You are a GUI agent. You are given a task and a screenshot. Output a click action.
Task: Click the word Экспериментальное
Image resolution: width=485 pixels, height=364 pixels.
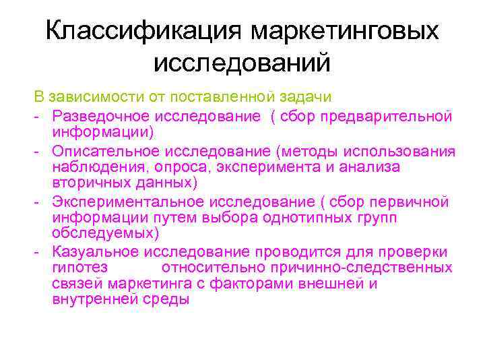(x=127, y=200)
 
